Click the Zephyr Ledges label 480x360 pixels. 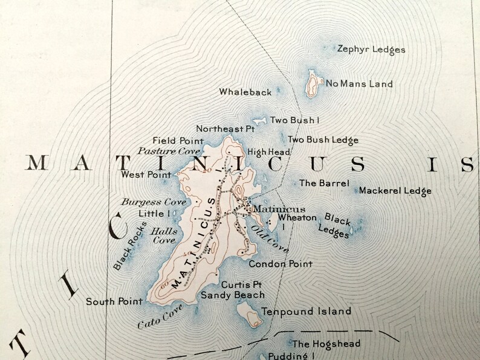pyautogui.click(x=371, y=50)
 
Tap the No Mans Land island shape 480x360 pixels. pyautogui.click(x=313, y=83)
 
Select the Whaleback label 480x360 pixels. pyautogui.click(x=245, y=92)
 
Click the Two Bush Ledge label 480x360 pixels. pyautogui.click(x=323, y=140)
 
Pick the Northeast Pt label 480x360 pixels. pyautogui.click(x=225, y=129)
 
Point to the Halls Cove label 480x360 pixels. pyautogui.click(x=163, y=235)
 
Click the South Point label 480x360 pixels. pyautogui.click(x=114, y=301)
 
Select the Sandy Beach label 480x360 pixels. pyautogui.click(x=233, y=295)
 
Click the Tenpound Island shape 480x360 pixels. pyautogui.click(x=247, y=313)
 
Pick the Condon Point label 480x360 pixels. pyautogui.click(x=281, y=264)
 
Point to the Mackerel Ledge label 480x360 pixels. pyautogui.click(x=395, y=191)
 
